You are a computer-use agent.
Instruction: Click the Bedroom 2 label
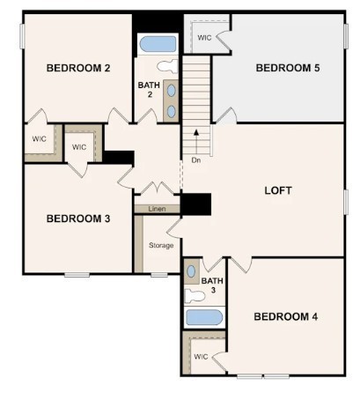77,68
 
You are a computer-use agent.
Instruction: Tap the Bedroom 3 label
77,218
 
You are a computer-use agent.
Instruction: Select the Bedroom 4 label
285,315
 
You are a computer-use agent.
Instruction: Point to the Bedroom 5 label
287,68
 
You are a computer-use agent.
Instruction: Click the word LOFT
278,190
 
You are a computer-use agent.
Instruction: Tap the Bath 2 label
148,89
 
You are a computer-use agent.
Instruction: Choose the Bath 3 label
212,285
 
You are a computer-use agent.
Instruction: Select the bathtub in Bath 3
204,317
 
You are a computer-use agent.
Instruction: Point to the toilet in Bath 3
194,296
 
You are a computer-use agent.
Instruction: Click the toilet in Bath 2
166,65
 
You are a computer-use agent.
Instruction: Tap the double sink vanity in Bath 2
171,99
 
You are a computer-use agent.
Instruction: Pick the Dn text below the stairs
195,160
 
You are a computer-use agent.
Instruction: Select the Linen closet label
157,209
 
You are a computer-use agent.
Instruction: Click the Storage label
161,245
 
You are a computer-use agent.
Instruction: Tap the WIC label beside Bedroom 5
204,38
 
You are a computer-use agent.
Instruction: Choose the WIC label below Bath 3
201,357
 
